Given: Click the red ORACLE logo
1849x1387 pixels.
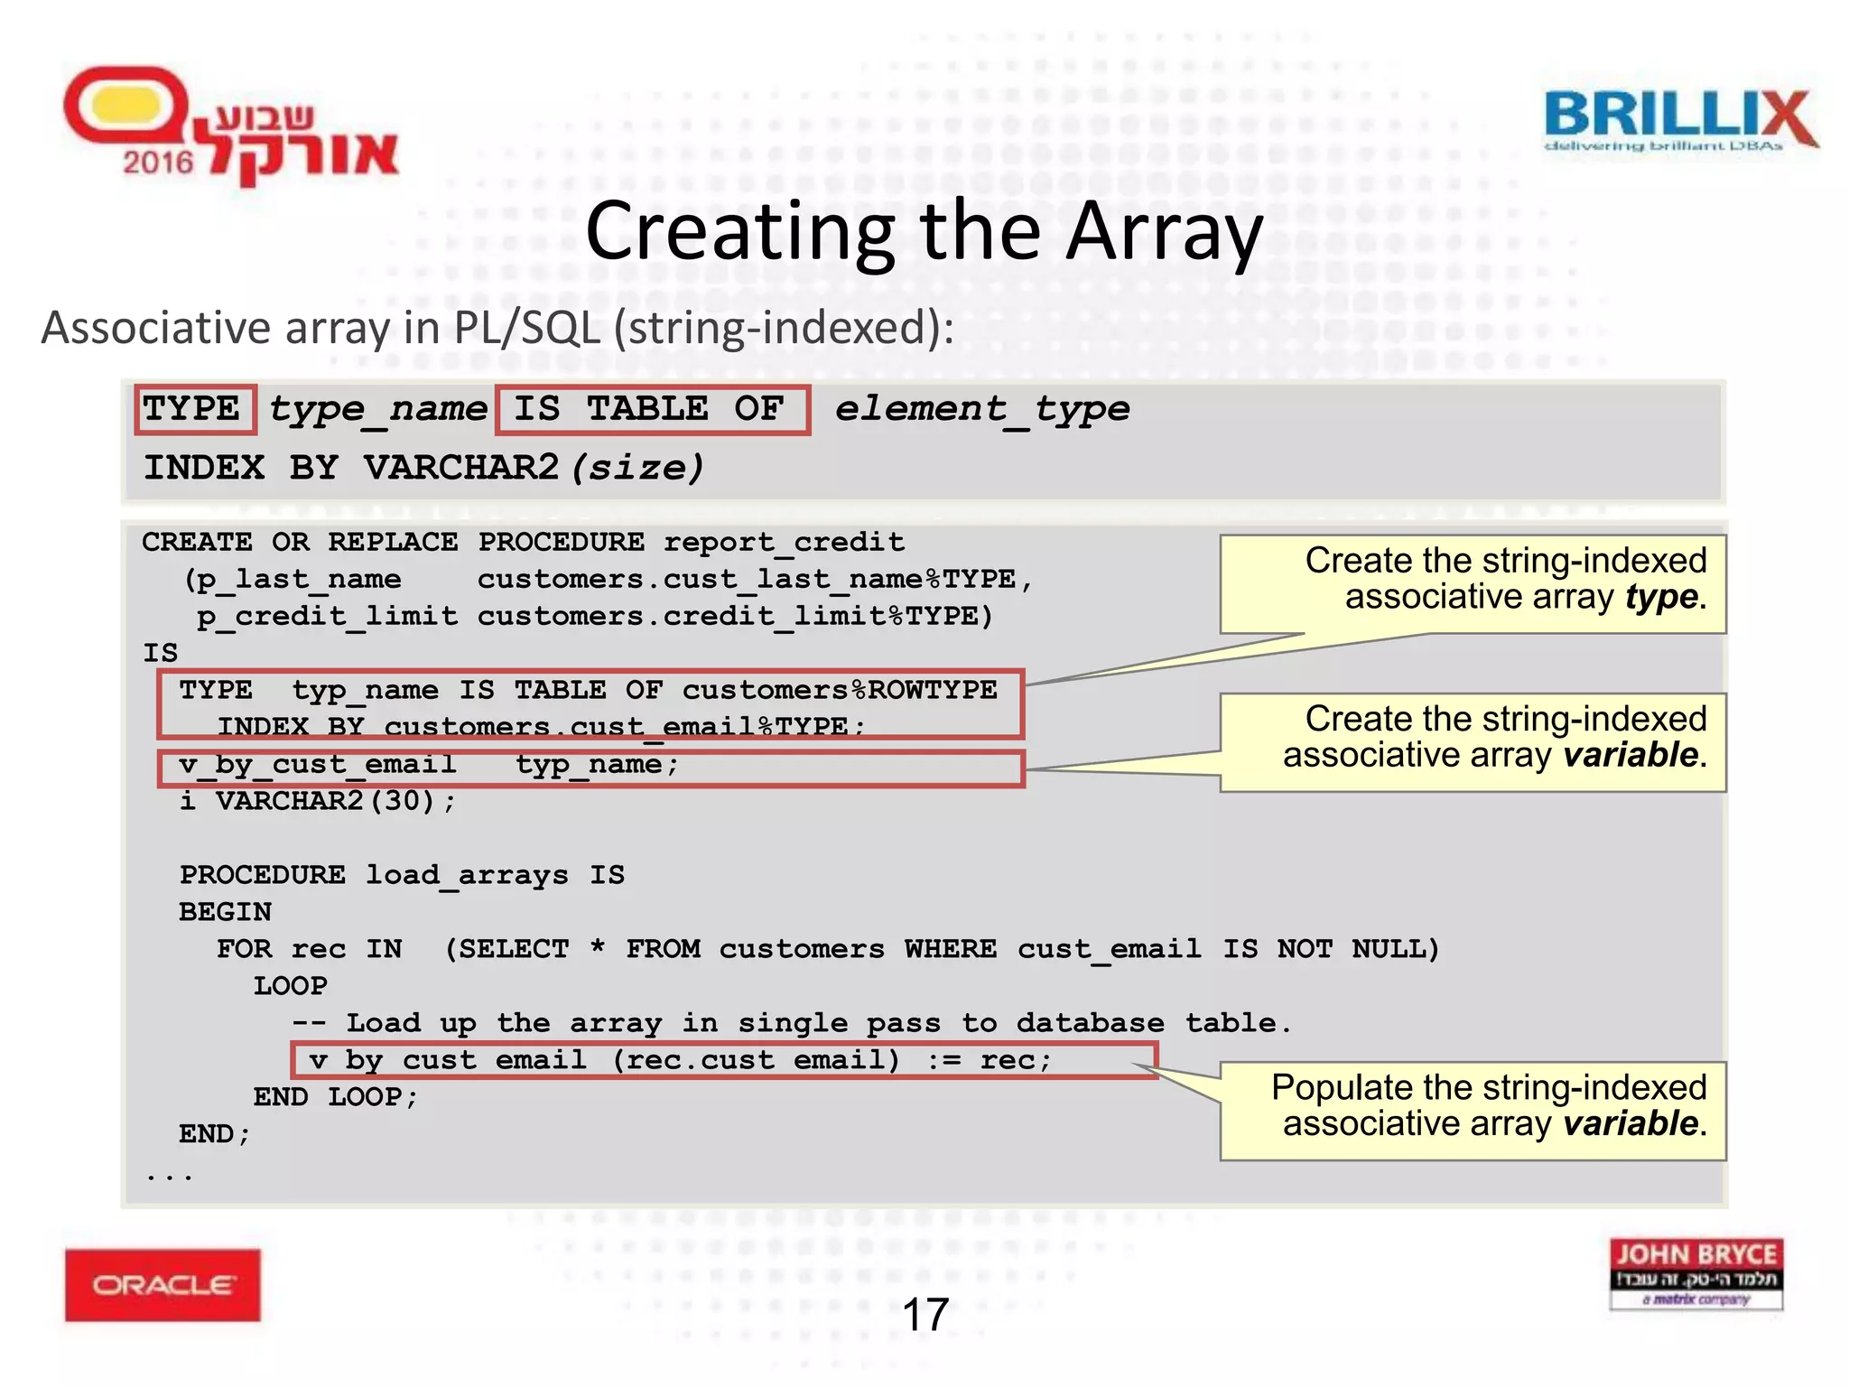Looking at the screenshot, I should point(163,1284).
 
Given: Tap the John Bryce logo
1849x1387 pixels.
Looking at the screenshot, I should point(1696,1273).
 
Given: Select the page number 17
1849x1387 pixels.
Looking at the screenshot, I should point(924,1315).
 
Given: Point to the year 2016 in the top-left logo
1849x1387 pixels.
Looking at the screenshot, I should point(159,163).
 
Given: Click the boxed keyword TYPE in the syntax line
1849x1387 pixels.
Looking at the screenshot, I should point(192,409).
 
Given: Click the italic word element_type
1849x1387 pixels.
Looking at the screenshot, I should point(982,409).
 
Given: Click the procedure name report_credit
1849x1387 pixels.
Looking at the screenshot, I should point(784,542).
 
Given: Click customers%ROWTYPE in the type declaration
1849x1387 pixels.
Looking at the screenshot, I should point(839,690).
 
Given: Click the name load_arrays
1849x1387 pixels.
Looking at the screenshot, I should point(467,875).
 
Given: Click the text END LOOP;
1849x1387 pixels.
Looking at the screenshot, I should point(335,1097).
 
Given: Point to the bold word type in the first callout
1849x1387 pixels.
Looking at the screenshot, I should point(1661,598).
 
